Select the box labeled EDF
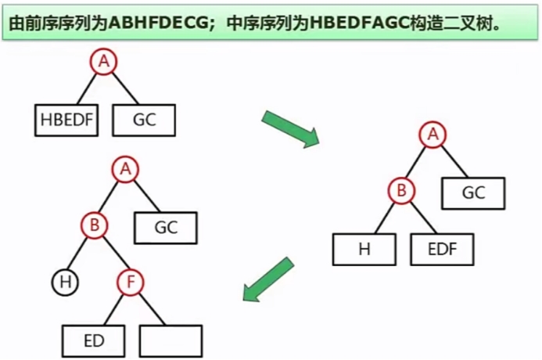tap(441, 250)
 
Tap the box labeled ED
tap(94, 340)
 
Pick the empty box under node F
tap(170, 340)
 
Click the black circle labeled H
tap(66, 282)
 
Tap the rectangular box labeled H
tap(364, 250)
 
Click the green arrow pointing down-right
tap(289, 128)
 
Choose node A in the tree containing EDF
tap(431, 135)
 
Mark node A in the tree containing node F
tap(124, 168)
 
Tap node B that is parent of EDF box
tap(401, 190)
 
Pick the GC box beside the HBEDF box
tap(144, 121)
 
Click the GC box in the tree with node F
tap(166, 228)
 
